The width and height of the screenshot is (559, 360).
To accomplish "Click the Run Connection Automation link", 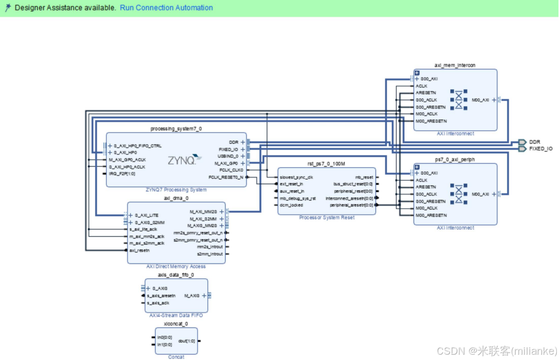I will (166, 8).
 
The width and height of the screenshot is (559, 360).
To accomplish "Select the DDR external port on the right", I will (534, 142).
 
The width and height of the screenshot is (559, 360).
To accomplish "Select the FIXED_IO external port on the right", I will (540, 149).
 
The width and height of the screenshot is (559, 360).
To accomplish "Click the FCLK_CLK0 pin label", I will (231, 170).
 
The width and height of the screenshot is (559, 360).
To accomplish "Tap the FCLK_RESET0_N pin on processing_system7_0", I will (226, 177).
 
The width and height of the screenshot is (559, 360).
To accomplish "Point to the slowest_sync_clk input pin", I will (296, 177).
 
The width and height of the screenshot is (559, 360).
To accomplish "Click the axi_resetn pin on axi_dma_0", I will (139, 250).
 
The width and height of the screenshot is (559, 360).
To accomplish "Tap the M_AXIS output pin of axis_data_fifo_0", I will (192, 295).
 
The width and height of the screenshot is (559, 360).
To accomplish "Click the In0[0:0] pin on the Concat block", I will (165, 337).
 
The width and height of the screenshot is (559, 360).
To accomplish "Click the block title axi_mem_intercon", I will (455, 65).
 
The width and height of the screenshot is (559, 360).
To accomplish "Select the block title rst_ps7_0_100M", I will (326, 164).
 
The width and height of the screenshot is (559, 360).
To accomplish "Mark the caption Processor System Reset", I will (327, 218).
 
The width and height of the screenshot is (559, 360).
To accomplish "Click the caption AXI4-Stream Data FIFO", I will (176, 316).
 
